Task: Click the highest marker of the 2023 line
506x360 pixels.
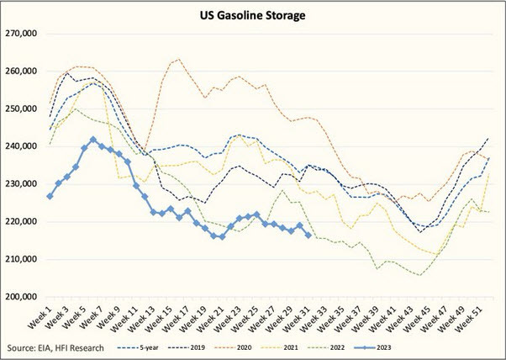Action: pos(93,140)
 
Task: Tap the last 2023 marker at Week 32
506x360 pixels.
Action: pos(308,236)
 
